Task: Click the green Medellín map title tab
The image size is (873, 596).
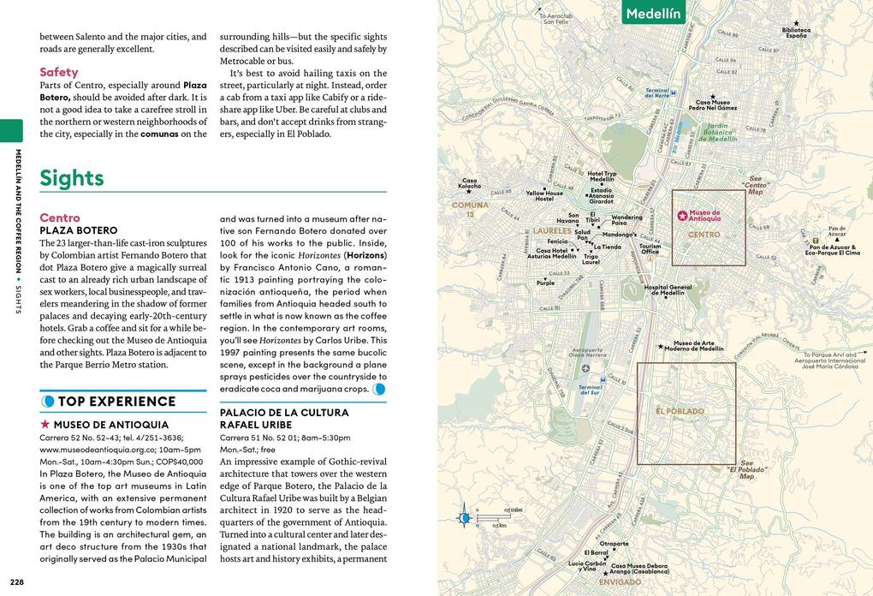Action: pos(653,13)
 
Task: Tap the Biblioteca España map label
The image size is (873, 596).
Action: pos(796,33)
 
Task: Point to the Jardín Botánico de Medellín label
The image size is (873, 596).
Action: pos(717,132)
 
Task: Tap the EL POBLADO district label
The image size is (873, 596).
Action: pos(680,411)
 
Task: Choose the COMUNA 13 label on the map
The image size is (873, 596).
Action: pos(470,210)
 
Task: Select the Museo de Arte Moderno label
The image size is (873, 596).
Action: pos(698,346)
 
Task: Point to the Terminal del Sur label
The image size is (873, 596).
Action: pos(590,389)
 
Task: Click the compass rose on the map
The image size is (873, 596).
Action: pos(465,517)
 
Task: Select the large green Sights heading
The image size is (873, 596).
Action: pos(72,178)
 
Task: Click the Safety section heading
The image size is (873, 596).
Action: pos(59,72)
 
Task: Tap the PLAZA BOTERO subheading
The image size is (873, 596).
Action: pos(79,230)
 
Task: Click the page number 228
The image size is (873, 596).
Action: pos(18,583)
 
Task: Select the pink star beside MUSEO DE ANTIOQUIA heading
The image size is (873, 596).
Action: pos(45,424)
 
